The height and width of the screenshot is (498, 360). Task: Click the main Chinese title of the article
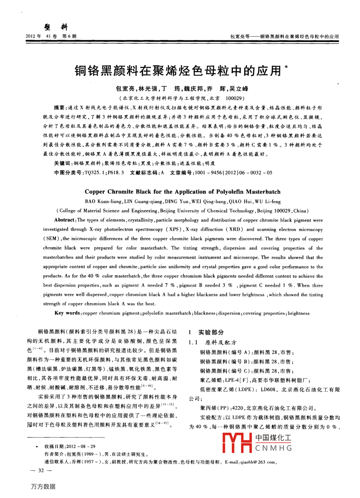point(178,71)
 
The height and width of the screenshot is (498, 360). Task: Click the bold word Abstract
point(64,220)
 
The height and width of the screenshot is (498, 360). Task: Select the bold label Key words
point(67,313)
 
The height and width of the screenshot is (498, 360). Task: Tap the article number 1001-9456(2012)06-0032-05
point(233,173)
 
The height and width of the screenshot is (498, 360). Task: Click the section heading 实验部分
point(211,332)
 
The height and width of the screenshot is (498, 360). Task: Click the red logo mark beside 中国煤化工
point(237,443)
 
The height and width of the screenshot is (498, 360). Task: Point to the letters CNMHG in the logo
point(273,448)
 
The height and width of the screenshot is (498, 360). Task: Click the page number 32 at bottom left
point(41,471)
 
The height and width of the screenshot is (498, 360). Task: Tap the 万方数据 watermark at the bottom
point(43,486)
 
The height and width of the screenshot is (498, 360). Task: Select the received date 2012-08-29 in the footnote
point(81,446)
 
